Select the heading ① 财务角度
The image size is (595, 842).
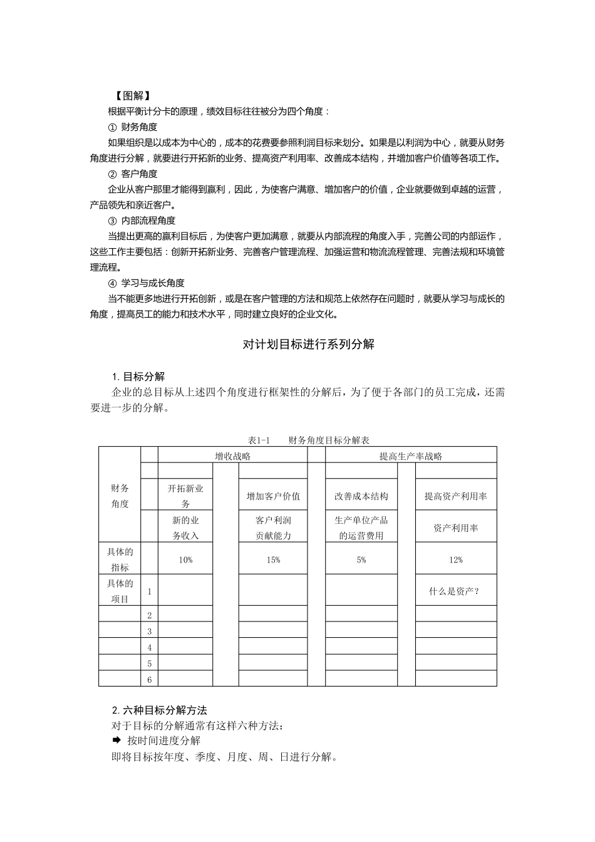(133, 127)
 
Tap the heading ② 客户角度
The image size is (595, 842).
(133, 174)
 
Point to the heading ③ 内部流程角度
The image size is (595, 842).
(142, 221)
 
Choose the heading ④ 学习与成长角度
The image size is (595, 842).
(147, 283)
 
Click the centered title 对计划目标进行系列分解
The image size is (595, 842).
(308, 345)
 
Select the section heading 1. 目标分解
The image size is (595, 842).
(138, 377)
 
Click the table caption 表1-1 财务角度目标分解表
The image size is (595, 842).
(308, 440)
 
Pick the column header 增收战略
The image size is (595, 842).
(232, 456)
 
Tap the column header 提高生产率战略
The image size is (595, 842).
(411, 456)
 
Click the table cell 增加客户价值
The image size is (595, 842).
(273, 496)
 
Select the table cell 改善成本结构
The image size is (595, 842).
(361, 496)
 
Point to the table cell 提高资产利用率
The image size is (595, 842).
(456, 496)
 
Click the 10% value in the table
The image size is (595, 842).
(185, 559)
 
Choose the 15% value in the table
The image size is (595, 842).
(273, 559)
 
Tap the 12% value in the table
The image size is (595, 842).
(456, 559)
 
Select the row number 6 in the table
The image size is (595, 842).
(150, 679)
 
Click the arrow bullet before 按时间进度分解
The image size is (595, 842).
(116, 740)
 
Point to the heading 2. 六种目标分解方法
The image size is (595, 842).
(159, 710)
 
